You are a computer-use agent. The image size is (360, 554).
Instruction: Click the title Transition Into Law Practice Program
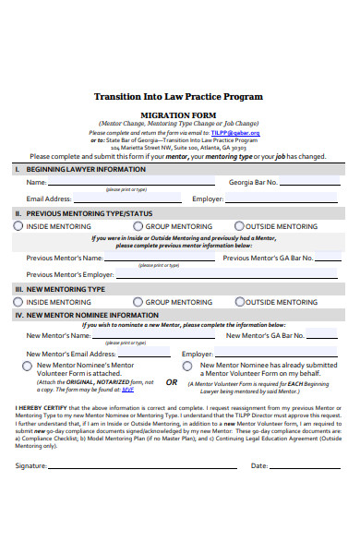coord(178,96)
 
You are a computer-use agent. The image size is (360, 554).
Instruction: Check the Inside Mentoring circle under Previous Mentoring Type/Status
coord(19,225)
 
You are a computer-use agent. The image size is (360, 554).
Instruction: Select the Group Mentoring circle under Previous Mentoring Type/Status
coord(138,225)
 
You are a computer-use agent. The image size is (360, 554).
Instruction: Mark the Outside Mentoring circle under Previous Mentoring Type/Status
coord(239,225)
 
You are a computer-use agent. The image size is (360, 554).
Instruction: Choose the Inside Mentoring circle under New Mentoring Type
coord(19,301)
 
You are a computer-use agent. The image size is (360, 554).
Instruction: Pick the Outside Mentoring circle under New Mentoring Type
coord(239,301)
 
